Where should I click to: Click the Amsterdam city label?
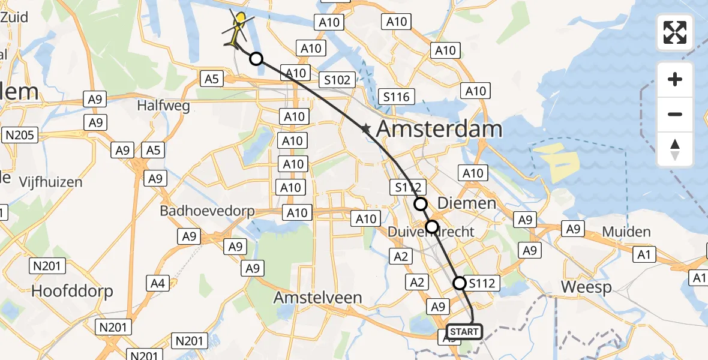(x=439, y=129)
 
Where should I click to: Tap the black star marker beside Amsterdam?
(x=365, y=128)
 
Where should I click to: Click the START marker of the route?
(x=464, y=332)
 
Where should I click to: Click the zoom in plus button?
(x=675, y=79)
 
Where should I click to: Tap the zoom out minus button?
(x=675, y=114)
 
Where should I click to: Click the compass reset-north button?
(x=675, y=149)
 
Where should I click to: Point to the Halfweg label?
(x=164, y=106)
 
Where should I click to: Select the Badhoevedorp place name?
(x=207, y=211)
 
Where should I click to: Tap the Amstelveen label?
(x=326, y=297)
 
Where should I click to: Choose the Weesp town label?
(x=586, y=287)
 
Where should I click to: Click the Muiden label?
(x=626, y=232)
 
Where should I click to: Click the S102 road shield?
(x=338, y=80)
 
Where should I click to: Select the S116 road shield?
(x=397, y=96)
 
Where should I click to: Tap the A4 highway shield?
(x=158, y=282)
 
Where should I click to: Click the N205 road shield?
(x=20, y=135)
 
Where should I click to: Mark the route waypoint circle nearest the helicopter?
(x=256, y=59)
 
